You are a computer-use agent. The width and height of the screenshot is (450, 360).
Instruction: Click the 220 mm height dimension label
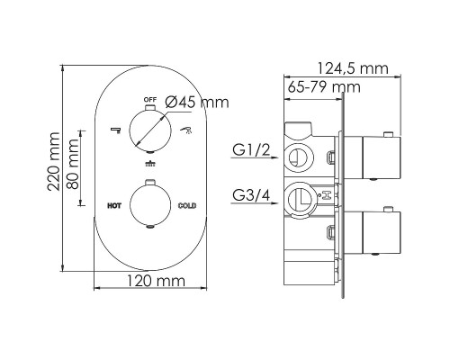click(54, 161)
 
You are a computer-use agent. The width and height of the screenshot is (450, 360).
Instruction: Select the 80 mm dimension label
click(73, 164)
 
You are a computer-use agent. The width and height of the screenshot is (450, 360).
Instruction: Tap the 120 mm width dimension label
click(156, 281)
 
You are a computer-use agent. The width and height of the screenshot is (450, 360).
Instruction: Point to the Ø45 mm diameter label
click(197, 102)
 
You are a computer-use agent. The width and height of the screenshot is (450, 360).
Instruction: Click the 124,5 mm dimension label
click(353, 68)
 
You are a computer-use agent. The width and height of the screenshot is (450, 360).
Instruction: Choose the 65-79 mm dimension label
click(324, 87)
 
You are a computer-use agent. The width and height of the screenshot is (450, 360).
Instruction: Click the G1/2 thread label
click(251, 149)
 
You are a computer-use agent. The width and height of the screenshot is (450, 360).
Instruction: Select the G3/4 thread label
click(251, 195)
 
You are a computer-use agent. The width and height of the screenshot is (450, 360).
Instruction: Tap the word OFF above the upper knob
click(150, 99)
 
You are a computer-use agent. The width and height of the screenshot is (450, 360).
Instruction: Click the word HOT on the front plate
click(114, 206)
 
